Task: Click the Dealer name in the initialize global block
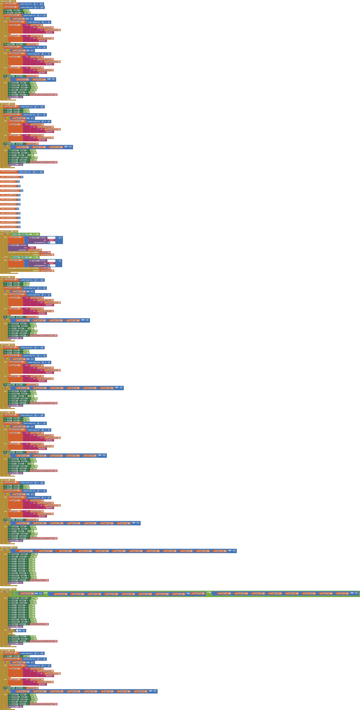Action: (x=12, y=172)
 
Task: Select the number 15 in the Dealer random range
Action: (x=34, y=172)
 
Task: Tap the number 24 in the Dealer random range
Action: (x=41, y=172)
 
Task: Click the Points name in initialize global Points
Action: (x=12, y=227)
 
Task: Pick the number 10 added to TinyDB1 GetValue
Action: (x=60, y=238)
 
